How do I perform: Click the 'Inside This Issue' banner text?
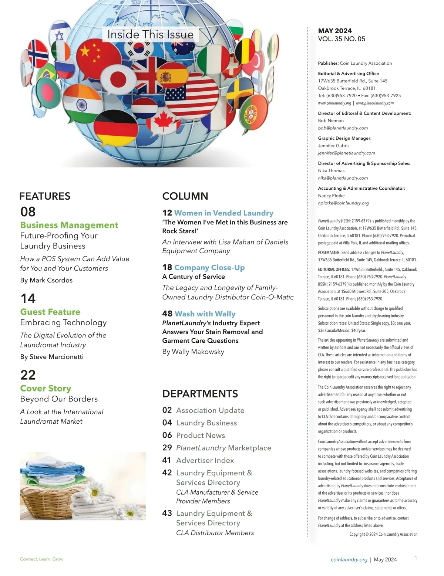pyautogui.click(x=150, y=34)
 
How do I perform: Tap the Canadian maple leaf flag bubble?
pyautogui.click(x=163, y=122)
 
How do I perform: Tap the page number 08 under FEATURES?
pyautogui.click(x=28, y=212)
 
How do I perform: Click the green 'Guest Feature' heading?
pyautogui.click(x=50, y=312)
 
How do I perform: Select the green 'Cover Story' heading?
pyautogui.click(x=46, y=389)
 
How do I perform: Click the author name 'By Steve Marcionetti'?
pyautogui.click(x=52, y=357)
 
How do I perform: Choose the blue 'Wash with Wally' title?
pyautogui.click(x=205, y=314)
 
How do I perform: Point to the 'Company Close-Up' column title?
pyautogui.click(x=209, y=268)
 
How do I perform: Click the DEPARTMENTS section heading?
pyautogui.click(x=200, y=394)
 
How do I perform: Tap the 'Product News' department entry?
pyautogui.click(x=201, y=436)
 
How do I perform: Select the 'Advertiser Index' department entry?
pyautogui.click(x=205, y=461)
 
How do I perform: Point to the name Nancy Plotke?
pyautogui.click(x=332, y=196)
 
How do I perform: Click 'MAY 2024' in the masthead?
pyautogui.click(x=335, y=31)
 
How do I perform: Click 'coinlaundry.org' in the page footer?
pyautogui.click(x=349, y=560)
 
